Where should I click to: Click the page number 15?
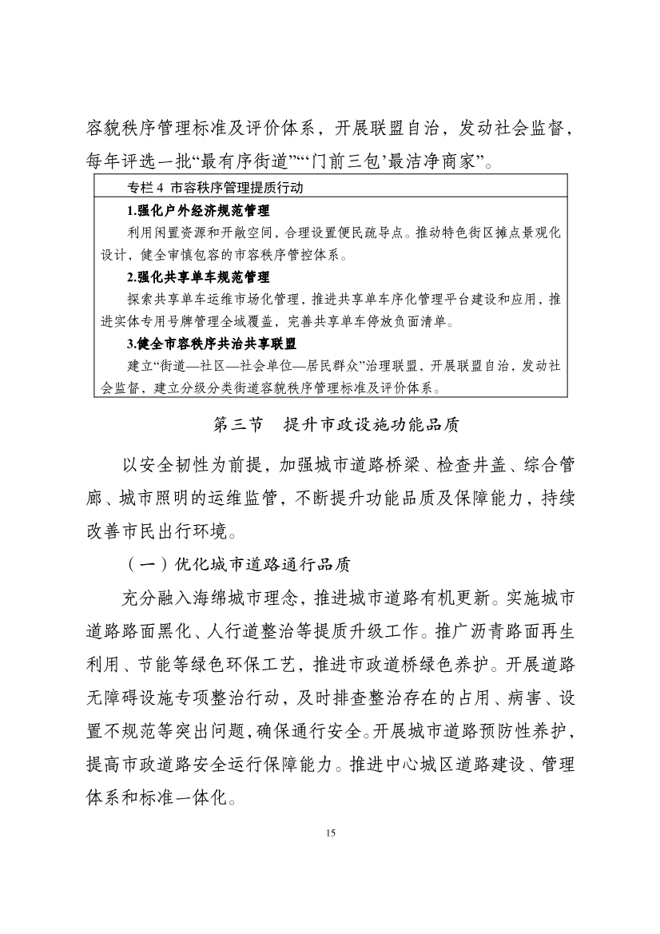330,833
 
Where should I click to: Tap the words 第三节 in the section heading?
238,425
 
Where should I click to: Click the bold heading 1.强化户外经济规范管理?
198,212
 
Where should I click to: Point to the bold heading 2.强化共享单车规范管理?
198,278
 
